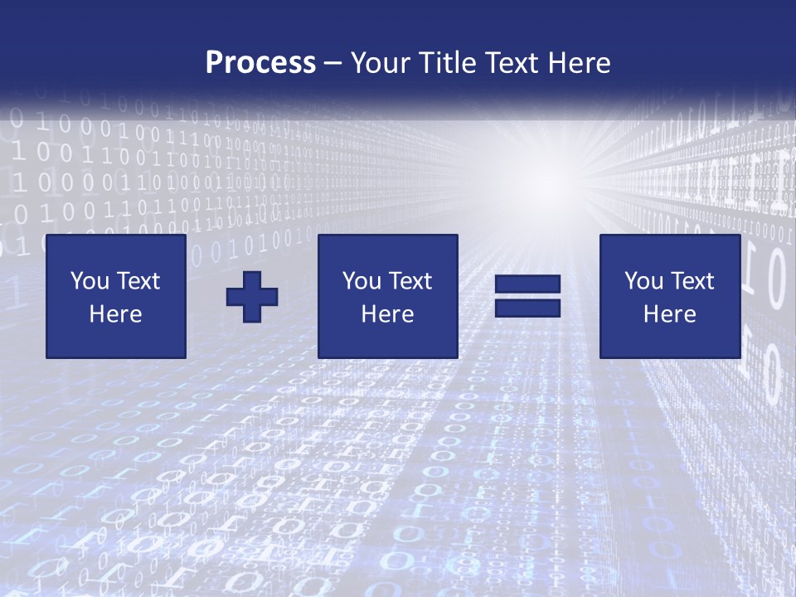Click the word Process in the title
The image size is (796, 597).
click(260, 63)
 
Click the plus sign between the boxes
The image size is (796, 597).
click(252, 297)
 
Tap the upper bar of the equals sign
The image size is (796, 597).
click(527, 284)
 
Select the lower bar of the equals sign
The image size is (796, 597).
click(527, 308)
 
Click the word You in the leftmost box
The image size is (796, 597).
click(90, 281)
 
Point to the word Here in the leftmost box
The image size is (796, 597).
click(115, 314)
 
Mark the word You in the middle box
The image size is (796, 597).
click(362, 281)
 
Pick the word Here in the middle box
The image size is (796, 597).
click(387, 314)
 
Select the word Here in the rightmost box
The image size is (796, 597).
click(669, 314)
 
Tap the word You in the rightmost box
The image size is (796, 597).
click(643, 281)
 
